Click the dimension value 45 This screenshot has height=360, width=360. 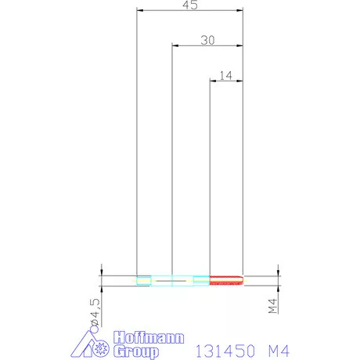(190, 5)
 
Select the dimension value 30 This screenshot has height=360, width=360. (207, 40)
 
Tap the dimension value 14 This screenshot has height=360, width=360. (225, 76)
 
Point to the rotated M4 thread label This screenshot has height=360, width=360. (272, 306)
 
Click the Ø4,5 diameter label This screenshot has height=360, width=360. (95, 312)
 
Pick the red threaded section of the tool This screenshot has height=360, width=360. (226, 280)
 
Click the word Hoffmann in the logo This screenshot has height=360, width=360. (149, 337)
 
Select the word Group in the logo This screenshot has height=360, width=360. (136, 351)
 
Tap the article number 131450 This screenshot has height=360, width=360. (225, 351)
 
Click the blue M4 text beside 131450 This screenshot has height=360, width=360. (279, 351)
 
